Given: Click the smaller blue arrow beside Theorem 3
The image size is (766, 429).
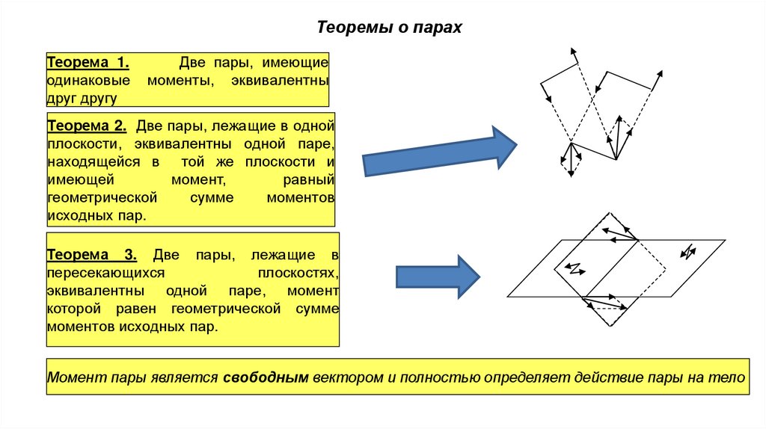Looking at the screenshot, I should [x=437, y=276].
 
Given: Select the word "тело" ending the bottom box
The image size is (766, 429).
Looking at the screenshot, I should [x=730, y=377].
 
